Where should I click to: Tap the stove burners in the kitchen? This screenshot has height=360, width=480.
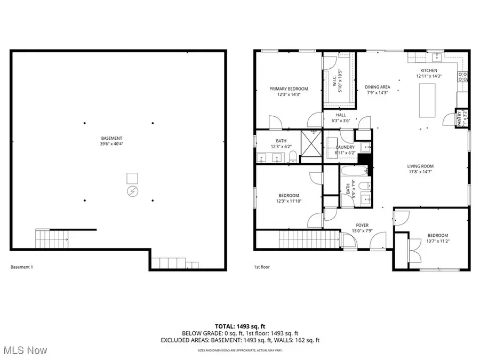click(x=462, y=76)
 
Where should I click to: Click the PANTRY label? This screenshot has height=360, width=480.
click(x=458, y=117)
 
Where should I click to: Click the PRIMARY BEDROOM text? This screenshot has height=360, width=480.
click(x=289, y=89)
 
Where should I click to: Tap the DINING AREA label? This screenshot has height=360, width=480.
click(x=377, y=87)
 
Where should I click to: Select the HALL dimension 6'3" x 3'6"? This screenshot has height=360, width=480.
click(x=341, y=121)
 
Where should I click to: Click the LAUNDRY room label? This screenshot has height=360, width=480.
click(x=346, y=147)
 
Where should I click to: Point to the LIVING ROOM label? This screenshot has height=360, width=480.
click(x=420, y=166)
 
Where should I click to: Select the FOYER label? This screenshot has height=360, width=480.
click(x=362, y=225)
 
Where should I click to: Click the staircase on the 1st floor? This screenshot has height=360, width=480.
click(x=308, y=239)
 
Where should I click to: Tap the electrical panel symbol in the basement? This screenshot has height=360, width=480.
click(x=132, y=190)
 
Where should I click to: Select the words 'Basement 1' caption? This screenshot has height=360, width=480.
click(x=22, y=267)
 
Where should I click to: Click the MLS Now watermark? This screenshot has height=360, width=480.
click(x=25, y=350)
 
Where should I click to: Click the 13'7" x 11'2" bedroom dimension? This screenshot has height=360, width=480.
click(x=437, y=242)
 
